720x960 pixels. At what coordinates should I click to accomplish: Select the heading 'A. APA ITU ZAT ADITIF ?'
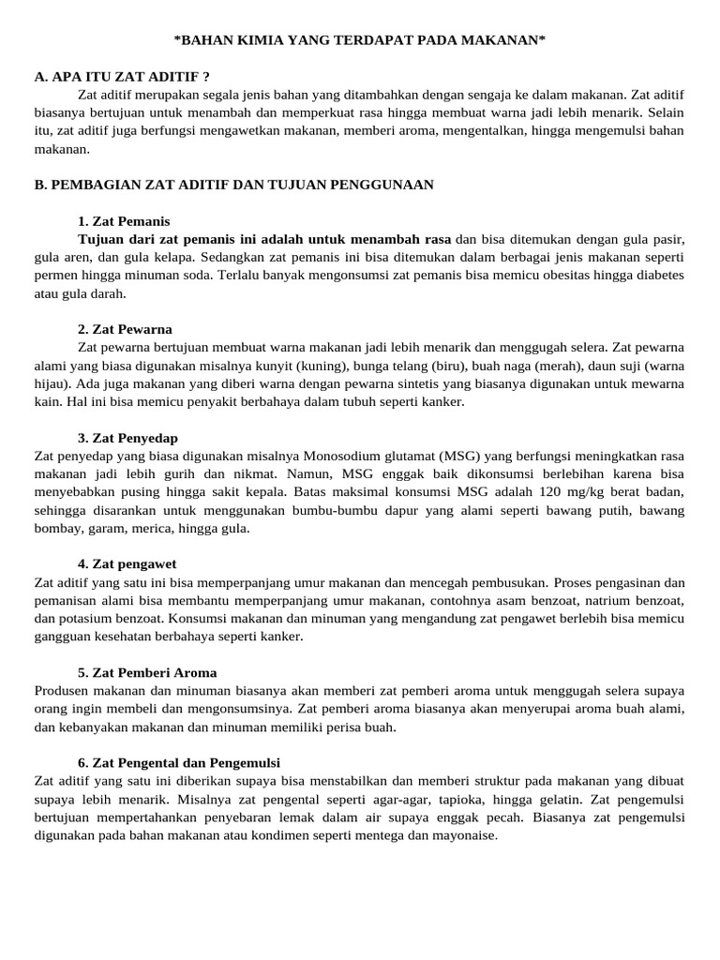(x=122, y=76)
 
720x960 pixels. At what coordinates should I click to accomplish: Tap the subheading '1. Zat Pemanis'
(x=124, y=221)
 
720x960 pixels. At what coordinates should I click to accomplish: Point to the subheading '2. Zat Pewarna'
(x=125, y=329)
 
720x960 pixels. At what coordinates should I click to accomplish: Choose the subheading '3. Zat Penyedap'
(x=127, y=438)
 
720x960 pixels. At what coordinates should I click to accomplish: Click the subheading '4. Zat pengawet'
(x=127, y=563)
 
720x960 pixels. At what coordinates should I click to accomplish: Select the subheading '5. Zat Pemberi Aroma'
(x=147, y=672)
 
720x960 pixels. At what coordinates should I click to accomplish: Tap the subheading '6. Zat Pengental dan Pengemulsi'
(x=179, y=762)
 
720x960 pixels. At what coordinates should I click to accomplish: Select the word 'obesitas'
(x=528, y=276)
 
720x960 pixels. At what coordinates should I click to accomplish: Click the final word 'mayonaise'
(x=465, y=835)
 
